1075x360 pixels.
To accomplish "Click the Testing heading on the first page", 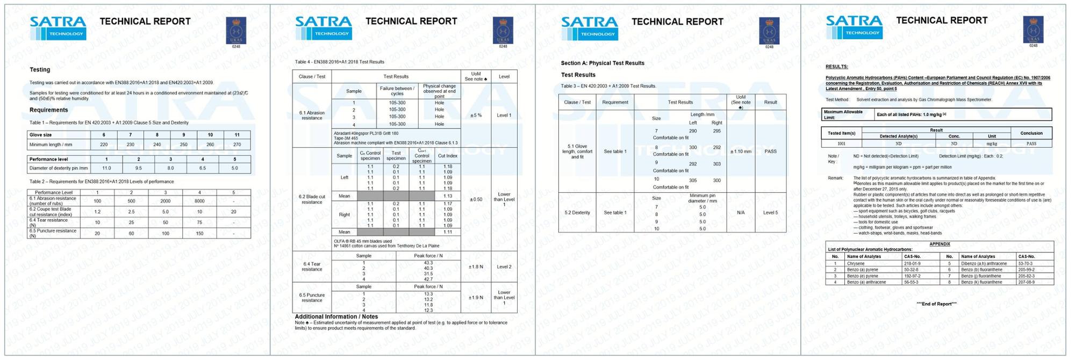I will pyautogui.click(x=40, y=70).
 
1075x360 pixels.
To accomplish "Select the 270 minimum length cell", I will pyautogui.click(x=237, y=145).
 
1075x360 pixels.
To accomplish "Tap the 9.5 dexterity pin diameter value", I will pyautogui.click(x=139, y=168).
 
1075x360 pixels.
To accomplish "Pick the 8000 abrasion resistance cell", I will pyautogui.click(x=199, y=201).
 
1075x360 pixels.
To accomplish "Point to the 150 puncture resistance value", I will pyautogui.click(x=199, y=233).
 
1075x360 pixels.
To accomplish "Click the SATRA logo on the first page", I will pyautogui.click(x=58, y=27).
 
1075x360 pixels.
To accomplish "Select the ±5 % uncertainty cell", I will pyautogui.click(x=476, y=116).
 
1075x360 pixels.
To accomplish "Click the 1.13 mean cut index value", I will pyautogui.click(x=448, y=196).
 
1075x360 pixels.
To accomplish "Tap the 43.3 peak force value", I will pyautogui.click(x=428, y=263).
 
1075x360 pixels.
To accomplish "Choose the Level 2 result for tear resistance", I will pyautogui.click(x=504, y=267).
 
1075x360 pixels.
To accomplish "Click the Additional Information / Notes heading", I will pyautogui.click(x=336, y=317).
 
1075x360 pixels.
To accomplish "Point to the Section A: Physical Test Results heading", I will pyautogui.click(x=603, y=63).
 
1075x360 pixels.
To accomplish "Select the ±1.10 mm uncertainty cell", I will pyautogui.click(x=741, y=152).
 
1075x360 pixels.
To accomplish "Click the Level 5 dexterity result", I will pyautogui.click(x=770, y=213).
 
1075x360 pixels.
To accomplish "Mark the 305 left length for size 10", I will pyautogui.click(x=693, y=181).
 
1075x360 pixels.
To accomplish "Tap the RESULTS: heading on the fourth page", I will pyautogui.click(x=836, y=67).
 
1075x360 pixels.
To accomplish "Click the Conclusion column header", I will pyautogui.click(x=1031, y=133).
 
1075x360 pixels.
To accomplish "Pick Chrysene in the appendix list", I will pyautogui.click(x=856, y=264).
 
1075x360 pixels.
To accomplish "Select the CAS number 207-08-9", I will pyautogui.click(x=1026, y=282).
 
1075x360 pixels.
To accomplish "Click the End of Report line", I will pyautogui.click(x=936, y=304).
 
